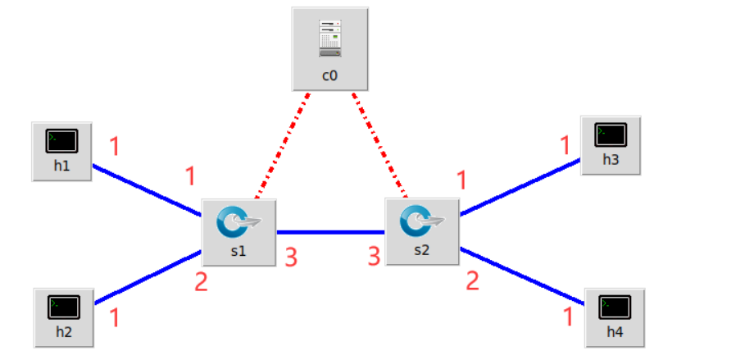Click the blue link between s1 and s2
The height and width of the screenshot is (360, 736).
(329, 232)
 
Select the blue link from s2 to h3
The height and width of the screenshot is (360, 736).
(520, 187)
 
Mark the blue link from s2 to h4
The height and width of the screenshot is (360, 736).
(522, 276)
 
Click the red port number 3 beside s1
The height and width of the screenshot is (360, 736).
(290, 257)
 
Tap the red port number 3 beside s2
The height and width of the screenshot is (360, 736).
(375, 257)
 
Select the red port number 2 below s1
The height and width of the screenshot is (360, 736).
(201, 282)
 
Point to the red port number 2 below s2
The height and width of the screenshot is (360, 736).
(472, 281)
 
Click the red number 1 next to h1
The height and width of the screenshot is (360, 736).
(114, 147)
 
